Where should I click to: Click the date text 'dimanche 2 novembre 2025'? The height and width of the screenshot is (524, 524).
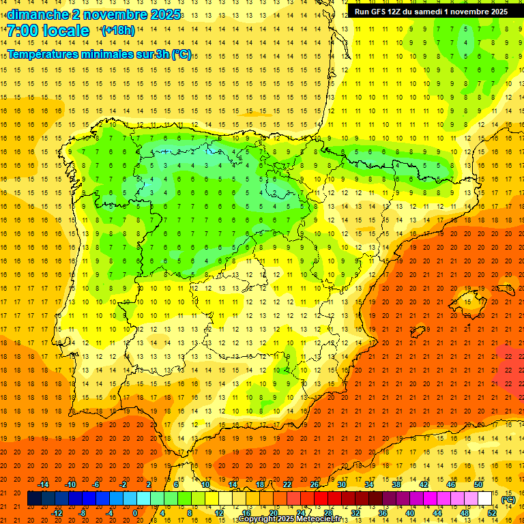click(x=93, y=14)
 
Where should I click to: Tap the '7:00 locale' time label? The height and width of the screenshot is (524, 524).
click(x=48, y=31)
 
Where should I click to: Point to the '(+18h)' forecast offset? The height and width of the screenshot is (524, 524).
click(x=118, y=30)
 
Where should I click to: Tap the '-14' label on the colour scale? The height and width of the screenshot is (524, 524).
click(x=44, y=484)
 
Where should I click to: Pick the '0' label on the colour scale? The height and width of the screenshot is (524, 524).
click(x=134, y=513)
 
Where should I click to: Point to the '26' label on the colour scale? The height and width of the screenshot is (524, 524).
click(x=315, y=484)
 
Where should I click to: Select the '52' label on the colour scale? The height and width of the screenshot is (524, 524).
click(x=492, y=513)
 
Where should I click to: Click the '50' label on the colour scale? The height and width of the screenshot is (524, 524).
click(x=478, y=484)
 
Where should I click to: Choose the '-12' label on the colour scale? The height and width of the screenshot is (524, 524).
click(x=57, y=513)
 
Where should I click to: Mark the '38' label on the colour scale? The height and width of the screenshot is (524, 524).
click(x=396, y=484)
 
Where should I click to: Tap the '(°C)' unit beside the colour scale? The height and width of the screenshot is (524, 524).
click(x=508, y=499)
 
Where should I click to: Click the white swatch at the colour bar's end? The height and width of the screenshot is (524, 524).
click(x=485, y=499)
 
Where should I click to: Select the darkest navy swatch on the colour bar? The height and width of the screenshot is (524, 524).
click(x=34, y=499)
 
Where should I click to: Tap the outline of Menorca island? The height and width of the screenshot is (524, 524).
click(x=506, y=282)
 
